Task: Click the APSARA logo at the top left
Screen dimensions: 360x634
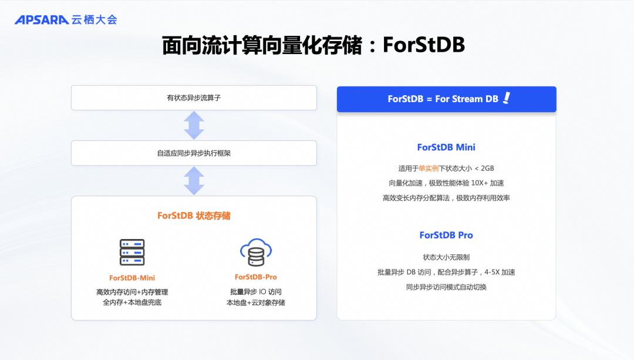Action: pos(42,20)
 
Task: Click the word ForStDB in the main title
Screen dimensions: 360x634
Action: pos(423,45)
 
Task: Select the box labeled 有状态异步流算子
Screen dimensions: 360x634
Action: pos(194,98)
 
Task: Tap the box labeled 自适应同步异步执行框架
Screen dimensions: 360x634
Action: pos(194,153)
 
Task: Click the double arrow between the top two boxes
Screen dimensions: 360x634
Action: pos(194,125)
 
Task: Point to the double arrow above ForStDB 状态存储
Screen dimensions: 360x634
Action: pos(194,180)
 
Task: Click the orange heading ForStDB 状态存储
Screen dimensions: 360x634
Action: pos(194,216)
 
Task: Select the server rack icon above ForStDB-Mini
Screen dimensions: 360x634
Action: pos(132,252)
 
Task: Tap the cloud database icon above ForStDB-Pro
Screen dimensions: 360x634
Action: pos(256,252)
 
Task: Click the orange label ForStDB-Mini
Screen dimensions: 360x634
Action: pos(132,278)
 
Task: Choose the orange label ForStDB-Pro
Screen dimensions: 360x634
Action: pos(256,277)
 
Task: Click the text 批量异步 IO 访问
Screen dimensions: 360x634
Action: pos(256,292)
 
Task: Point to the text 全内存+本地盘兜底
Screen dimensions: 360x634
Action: pos(132,303)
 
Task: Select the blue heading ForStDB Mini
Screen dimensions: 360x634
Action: pos(446,147)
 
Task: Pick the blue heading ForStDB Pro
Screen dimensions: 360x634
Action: pos(446,235)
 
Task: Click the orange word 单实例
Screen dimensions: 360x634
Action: pos(429,169)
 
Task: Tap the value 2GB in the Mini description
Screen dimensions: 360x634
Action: pos(486,169)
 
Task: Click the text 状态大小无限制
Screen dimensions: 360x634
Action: pos(446,257)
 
